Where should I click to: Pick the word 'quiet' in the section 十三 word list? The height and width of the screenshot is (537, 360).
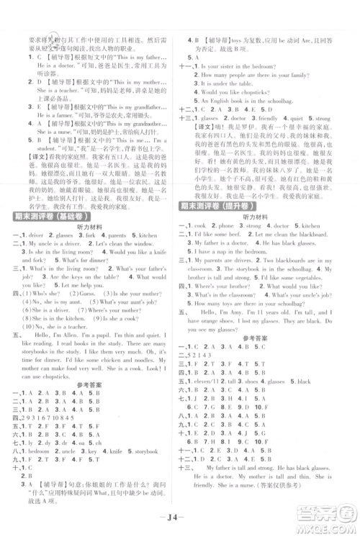point(314,117)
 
